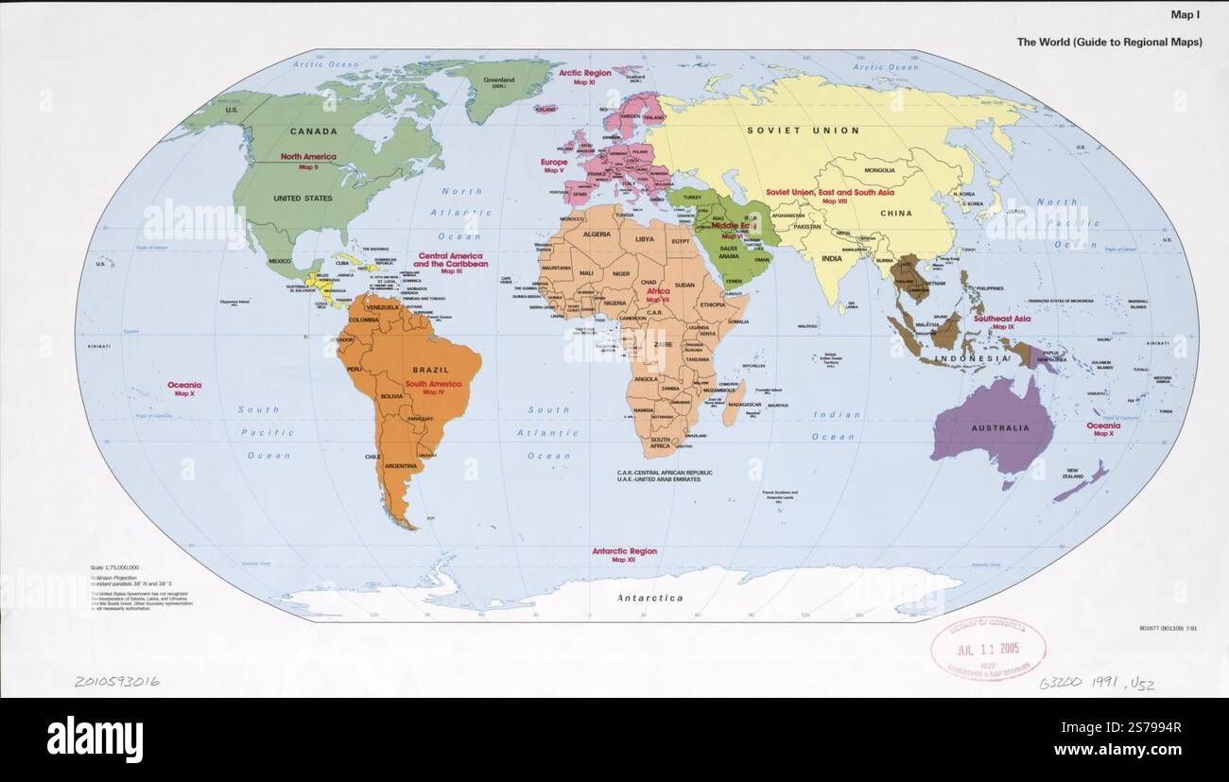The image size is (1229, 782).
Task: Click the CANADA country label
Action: point(313,131)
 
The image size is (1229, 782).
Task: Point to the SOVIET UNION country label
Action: point(803,130)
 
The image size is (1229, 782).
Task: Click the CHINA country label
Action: point(895,214)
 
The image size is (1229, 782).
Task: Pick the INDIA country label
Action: point(831,258)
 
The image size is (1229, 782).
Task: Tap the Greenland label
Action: point(498,80)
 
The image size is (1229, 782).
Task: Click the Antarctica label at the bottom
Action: point(649,598)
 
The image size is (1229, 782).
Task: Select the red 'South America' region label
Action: point(433,384)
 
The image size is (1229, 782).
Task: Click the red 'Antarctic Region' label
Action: point(624,551)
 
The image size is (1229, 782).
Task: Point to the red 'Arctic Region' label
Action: point(584,73)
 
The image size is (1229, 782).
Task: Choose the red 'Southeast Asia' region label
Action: point(1002,320)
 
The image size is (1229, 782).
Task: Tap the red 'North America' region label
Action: point(308,157)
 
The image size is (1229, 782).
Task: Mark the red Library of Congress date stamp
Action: point(987,650)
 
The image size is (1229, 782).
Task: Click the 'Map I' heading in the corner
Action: point(1186,15)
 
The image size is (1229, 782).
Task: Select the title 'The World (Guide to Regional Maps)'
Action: point(1109,43)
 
